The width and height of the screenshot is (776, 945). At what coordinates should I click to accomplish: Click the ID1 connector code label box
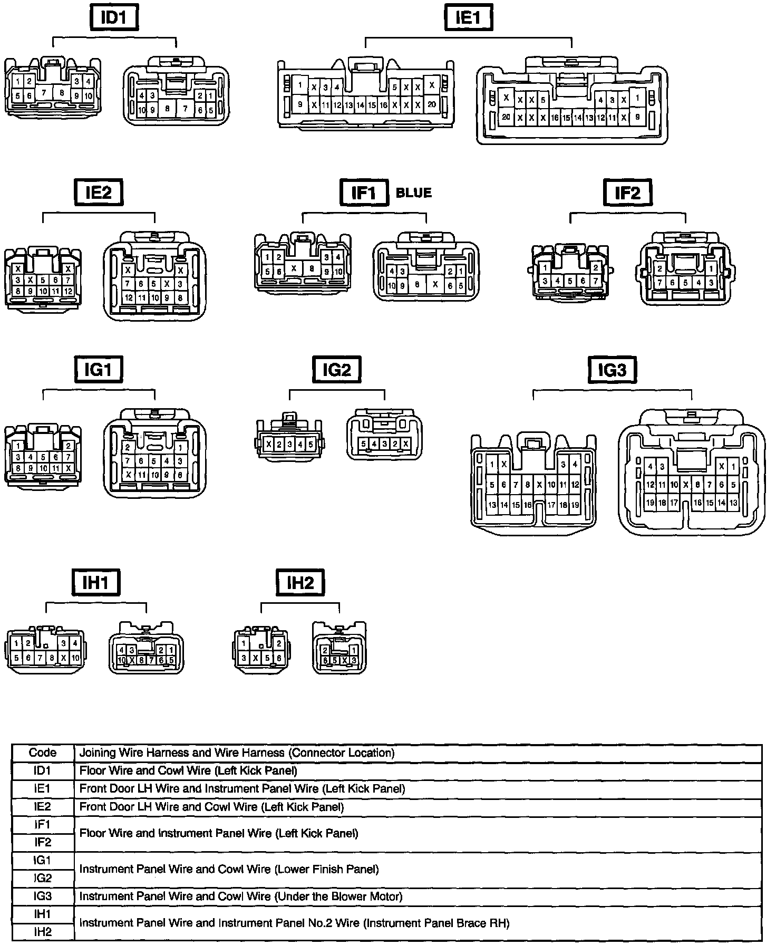click(x=113, y=17)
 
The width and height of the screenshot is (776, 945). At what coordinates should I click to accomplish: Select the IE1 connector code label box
click(x=468, y=17)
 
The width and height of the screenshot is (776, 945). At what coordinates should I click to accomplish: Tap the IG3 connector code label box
click(x=612, y=370)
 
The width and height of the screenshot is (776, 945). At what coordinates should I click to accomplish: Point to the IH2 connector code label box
click(x=300, y=583)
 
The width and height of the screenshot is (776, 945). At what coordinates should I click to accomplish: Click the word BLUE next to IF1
click(x=413, y=193)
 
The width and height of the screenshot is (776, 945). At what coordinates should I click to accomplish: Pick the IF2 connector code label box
click(x=627, y=192)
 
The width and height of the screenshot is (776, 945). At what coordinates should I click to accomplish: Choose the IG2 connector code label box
click(x=337, y=370)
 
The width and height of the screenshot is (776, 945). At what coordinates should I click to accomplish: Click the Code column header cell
click(x=43, y=753)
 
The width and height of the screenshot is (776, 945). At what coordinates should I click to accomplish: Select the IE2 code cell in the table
click(x=43, y=806)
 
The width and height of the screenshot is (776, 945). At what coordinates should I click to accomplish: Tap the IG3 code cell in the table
click(x=43, y=896)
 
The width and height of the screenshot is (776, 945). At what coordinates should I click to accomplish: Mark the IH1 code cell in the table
click(x=43, y=914)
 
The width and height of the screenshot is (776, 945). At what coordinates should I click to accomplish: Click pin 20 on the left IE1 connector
click(x=432, y=104)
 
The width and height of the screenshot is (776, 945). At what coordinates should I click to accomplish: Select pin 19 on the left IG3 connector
click(x=575, y=505)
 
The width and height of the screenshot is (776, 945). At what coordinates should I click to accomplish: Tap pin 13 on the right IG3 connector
click(x=733, y=503)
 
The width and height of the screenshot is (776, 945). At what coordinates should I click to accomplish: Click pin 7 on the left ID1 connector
click(x=44, y=93)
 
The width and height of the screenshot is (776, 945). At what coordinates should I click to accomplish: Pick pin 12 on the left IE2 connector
click(x=68, y=291)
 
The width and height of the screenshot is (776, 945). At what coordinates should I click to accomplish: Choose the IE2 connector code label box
click(x=99, y=192)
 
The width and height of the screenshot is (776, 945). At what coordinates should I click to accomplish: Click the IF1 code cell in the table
click(x=43, y=824)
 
